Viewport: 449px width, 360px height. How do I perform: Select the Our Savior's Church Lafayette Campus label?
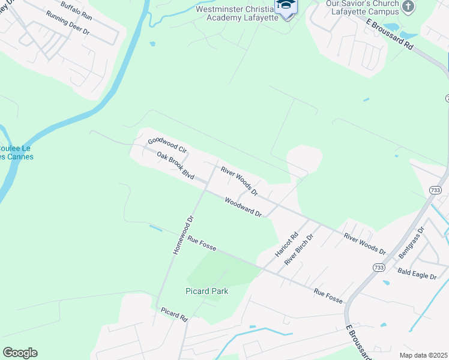[x=361, y=8]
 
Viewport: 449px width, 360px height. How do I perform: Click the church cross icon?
[x=408, y=7]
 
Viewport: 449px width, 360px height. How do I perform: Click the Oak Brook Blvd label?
[x=175, y=166]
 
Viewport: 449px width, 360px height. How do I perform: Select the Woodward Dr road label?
[x=244, y=207]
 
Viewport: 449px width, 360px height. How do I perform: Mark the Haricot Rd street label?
[x=286, y=245]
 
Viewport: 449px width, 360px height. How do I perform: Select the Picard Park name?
[x=206, y=292]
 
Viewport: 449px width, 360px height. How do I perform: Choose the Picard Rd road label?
[x=175, y=314]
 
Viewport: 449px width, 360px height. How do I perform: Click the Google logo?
[x=20, y=353]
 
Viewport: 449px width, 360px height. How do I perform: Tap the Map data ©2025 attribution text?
[x=423, y=355]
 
